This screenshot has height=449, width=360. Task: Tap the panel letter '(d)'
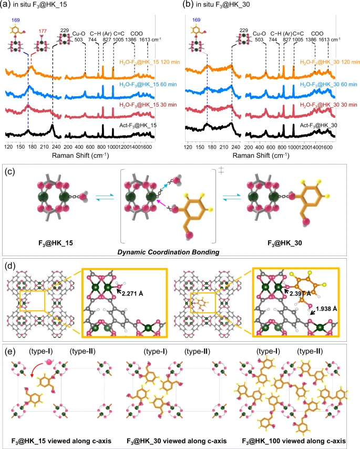(10, 265)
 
